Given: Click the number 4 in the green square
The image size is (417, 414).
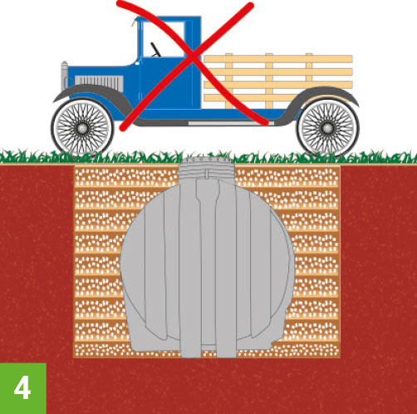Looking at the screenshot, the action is tap(22, 388).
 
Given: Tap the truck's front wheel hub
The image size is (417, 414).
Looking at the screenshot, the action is tap(82, 128).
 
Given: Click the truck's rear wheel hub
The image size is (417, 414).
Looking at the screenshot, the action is tap(327, 128).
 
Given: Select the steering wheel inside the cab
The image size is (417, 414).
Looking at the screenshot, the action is tap(155, 50).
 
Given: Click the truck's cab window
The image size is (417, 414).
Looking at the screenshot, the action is tap(164, 39).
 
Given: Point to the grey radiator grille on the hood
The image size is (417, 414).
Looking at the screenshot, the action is tap(99, 83).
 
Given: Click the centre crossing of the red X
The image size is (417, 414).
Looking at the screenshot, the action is tap(192, 57).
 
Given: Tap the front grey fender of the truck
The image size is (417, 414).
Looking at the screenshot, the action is tap(93, 97).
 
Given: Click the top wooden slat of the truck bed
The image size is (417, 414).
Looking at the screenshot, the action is tap(278, 59).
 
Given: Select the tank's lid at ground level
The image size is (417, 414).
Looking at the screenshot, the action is tap(207, 160).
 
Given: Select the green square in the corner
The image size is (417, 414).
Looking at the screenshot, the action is tap(23, 388).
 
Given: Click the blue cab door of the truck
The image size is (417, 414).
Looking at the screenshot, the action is tap(166, 83).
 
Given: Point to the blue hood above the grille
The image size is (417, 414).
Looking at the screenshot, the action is tap(101, 71).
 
